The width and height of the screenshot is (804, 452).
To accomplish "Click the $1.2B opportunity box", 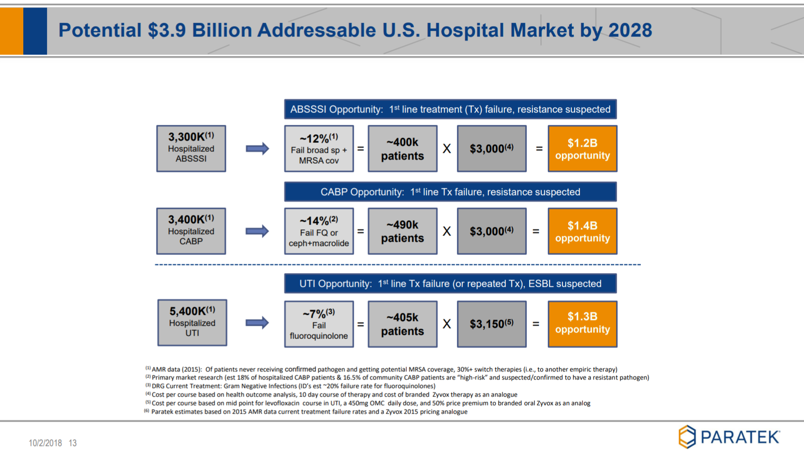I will pos(582,149).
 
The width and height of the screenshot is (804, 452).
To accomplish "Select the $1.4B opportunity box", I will pos(582,231).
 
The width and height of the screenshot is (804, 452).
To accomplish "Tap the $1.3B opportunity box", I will pos(582,324).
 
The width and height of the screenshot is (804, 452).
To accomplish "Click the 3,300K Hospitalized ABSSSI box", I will pos(191,149).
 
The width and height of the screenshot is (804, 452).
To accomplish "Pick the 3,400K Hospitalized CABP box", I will pos(191,231).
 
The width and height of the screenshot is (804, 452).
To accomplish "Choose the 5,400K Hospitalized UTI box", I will pos(192,323).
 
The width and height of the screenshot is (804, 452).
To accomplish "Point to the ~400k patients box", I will pos(402,149).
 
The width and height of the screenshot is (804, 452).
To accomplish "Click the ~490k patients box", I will pos(402,231).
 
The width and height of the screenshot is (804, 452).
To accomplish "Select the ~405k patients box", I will pos(402,324).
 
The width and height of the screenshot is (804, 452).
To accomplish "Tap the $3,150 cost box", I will pos(492,324).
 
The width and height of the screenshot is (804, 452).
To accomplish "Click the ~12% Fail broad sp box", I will pos(319,149).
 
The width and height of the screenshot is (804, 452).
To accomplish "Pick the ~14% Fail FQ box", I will pos(319,231).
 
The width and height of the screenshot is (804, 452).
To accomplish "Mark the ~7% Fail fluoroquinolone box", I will pos(319,324).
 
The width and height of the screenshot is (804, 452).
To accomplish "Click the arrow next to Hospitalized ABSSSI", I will pos(257,149).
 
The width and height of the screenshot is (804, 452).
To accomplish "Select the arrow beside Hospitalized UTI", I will pos(257,323).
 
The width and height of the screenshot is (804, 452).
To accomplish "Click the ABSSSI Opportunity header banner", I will pos(450,109).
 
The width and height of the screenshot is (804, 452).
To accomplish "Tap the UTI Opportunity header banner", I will pos(450,283).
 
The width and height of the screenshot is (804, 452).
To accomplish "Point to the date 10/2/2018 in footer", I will pos(45,443).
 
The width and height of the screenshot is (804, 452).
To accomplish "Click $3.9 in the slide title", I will pos(167,30).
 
